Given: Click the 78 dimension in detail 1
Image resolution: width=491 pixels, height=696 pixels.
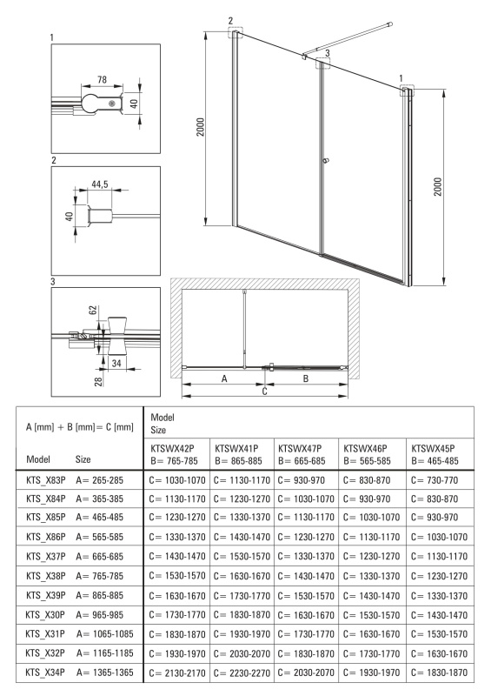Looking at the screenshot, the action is tap(102, 79).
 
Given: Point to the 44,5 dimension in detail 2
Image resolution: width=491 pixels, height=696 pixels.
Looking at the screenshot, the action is tap(100, 184).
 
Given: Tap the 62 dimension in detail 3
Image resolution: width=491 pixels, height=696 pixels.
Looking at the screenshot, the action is tap(93, 310).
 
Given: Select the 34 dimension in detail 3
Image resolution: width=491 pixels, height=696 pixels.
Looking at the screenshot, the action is tap(116, 363).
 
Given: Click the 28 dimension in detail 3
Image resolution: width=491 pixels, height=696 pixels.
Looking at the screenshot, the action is tap(98, 380).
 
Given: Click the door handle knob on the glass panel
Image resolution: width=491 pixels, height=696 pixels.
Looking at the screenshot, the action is tap(327, 161).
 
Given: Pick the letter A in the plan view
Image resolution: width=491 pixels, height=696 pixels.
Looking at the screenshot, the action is tap(224, 378).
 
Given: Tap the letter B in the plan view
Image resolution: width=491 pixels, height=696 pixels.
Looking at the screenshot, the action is tap(306, 378).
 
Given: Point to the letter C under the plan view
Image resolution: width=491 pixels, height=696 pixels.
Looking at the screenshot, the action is tap(265, 391).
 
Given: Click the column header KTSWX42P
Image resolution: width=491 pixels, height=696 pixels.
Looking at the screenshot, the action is tap(172, 448).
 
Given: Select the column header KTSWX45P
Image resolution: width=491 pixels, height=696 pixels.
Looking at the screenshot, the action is tap(433, 448).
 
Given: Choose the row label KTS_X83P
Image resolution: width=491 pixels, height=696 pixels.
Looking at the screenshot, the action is tap(46, 480).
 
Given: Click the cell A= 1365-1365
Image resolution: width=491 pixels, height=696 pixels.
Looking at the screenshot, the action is tap(104, 673).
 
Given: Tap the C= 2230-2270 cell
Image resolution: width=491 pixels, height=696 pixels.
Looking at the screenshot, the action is tap(242, 673).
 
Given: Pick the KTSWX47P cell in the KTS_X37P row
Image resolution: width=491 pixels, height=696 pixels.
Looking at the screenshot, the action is tap(306, 557).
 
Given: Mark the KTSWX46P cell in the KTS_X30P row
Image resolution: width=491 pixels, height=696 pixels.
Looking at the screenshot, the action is tap(372, 615).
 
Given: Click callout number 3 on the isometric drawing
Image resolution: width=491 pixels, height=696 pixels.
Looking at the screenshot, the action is tap(328, 53).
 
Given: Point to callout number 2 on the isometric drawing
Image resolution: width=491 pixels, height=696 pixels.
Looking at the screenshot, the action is tap(230, 20).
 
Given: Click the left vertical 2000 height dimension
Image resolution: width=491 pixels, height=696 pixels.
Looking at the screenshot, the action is tap(201, 127).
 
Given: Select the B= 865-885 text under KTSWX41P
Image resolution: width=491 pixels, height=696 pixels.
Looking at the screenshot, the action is tap(239, 461).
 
